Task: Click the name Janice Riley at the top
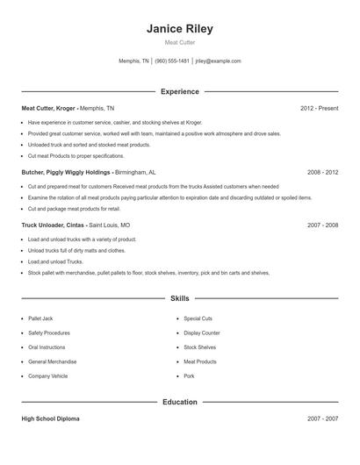180,29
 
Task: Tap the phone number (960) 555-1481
172,61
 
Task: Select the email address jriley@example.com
218,61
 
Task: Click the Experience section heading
180,91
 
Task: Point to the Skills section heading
180,299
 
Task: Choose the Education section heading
180,402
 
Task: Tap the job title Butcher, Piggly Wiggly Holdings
67,173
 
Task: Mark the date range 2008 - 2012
322,173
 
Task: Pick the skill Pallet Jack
41,318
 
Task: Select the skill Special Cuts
198,318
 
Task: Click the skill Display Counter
202,333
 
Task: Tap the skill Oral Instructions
47,347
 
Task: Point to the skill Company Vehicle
47,376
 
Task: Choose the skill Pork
189,376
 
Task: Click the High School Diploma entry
50,418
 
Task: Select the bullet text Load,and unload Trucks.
55,261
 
